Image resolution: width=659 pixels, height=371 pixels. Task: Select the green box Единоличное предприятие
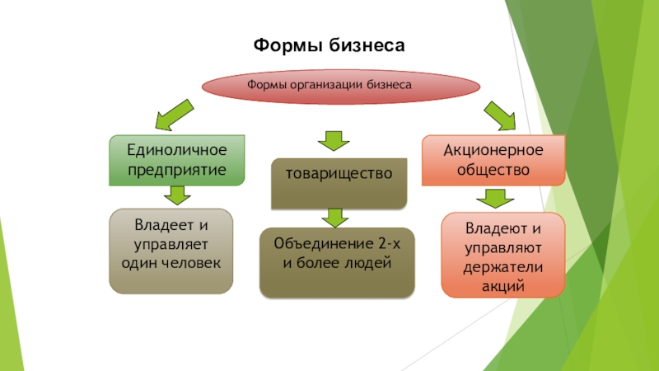177,160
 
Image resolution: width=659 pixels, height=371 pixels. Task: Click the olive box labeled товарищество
339,182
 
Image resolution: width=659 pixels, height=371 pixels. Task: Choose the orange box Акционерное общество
493,160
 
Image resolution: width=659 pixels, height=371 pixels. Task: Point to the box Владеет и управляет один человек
171,251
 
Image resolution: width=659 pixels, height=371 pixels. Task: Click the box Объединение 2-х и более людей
337,262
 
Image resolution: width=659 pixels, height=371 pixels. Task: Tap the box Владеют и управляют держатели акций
502,255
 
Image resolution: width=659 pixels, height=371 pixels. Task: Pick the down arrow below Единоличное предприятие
175,196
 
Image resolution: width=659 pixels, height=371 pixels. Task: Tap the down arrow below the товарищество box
334,218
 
